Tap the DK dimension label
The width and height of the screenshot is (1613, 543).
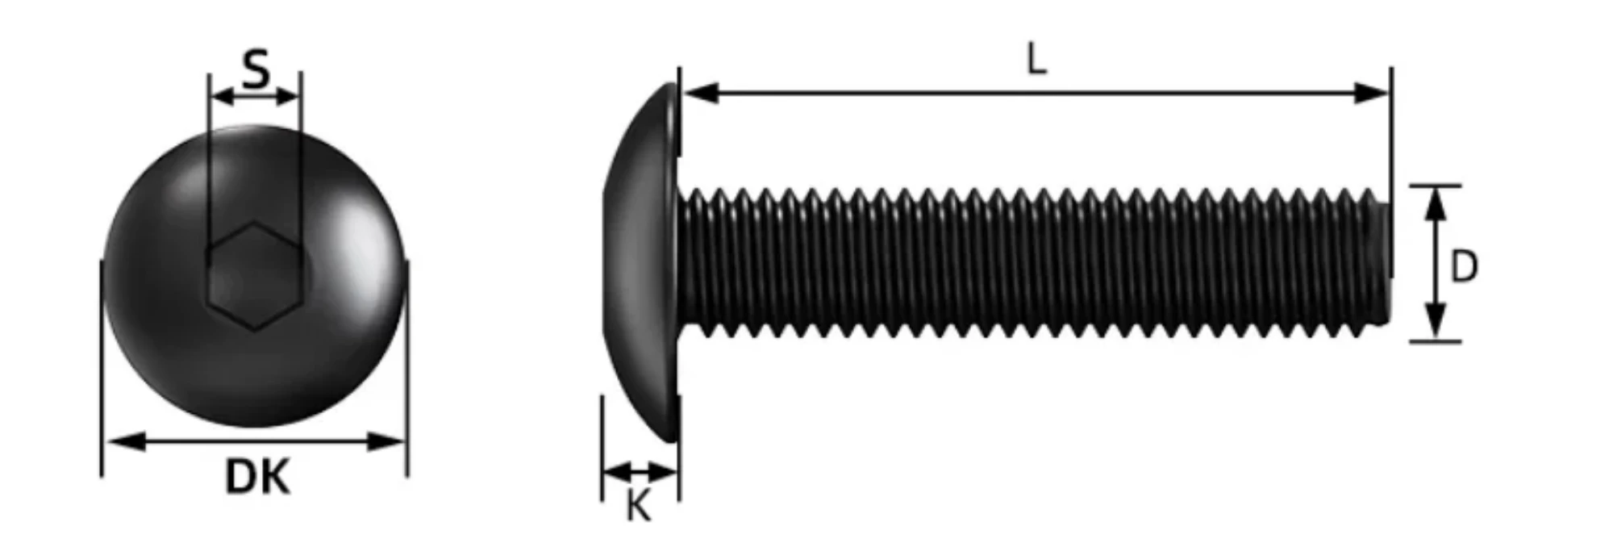point(256,477)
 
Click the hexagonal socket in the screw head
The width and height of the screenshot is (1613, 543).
point(256,276)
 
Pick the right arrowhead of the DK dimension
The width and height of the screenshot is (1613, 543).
point(388,441)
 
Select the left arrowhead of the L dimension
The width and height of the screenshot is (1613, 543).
point(700,93)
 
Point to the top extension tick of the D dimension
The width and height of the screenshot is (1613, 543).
point(1435,186)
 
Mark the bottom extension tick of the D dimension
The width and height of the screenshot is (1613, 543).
point(1435,342)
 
